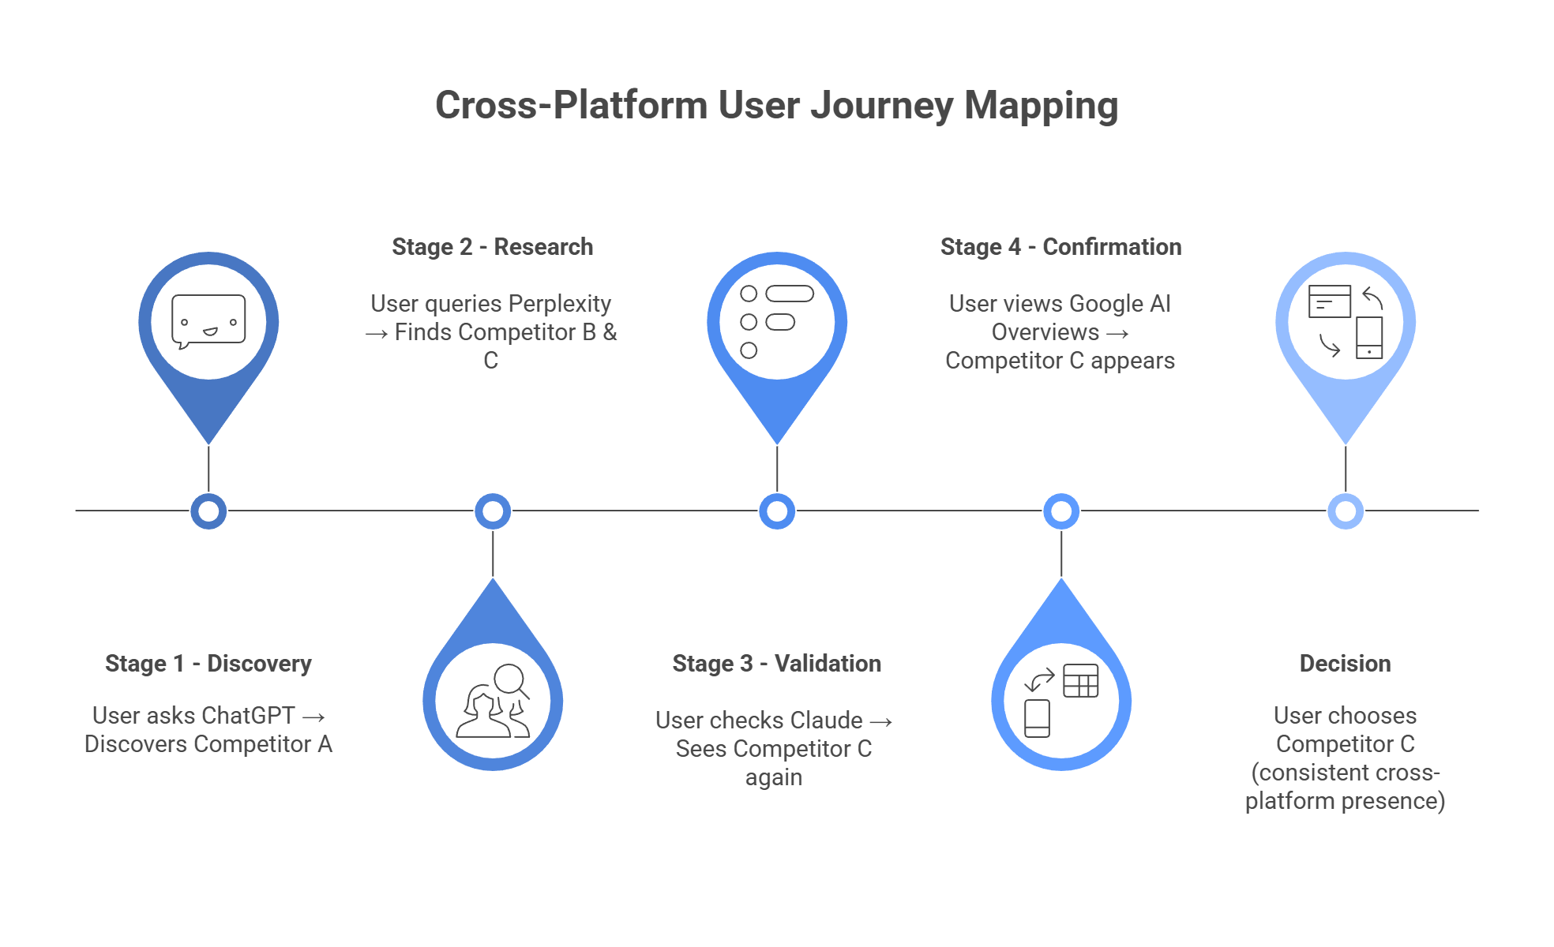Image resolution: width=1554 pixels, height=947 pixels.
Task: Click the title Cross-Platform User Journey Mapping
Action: (776, 106)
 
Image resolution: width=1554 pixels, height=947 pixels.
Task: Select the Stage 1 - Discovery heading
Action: (208, 664)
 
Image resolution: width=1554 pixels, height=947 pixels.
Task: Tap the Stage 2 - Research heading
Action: (492, 247)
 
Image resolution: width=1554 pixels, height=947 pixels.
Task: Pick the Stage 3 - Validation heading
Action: (776, 664)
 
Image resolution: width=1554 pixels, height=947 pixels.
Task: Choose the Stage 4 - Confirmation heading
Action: (1060, 247)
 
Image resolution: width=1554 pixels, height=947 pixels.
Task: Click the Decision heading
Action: (1345, 664)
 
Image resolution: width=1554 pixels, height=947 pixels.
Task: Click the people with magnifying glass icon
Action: (493, 702)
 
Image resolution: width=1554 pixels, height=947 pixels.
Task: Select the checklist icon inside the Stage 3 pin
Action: (777, 322)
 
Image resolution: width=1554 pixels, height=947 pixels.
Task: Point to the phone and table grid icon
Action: (1061, 702)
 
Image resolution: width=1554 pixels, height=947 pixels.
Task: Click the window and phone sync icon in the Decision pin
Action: (1346, 322)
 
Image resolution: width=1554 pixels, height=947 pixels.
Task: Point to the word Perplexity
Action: (559, 304)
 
